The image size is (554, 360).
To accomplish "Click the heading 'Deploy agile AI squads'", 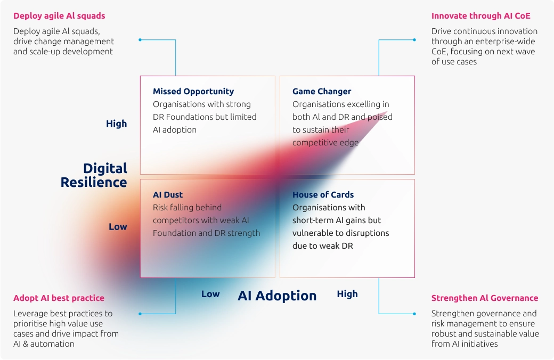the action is (59, 16).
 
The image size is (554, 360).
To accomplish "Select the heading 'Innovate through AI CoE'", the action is (481, 16).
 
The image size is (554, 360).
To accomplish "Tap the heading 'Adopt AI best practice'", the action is (59, 298).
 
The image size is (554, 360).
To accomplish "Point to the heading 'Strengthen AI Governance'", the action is (485, 298).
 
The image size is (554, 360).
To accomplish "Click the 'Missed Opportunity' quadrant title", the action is (193, 92).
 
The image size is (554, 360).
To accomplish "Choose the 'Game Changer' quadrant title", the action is (322, 92).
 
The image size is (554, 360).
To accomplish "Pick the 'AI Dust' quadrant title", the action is (168, 195).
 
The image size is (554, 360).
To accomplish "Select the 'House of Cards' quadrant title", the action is (323, 195).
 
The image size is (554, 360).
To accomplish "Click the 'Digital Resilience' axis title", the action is (94, 175).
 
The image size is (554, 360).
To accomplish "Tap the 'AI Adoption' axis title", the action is (277, 296).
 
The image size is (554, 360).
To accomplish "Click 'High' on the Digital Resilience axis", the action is (116, 124).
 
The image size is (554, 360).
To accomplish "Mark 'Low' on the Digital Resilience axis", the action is (118, 227).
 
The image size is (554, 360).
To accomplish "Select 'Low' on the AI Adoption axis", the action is (210, 294).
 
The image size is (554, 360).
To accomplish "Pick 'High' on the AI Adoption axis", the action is (347, 294).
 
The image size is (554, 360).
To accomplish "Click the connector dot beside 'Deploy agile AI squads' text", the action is (140, 40).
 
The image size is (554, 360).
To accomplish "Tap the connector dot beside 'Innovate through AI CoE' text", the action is (414, 40).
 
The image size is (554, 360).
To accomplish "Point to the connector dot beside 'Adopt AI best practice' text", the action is (140, 314).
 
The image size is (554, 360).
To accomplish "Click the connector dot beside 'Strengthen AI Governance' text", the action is (414, 314).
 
